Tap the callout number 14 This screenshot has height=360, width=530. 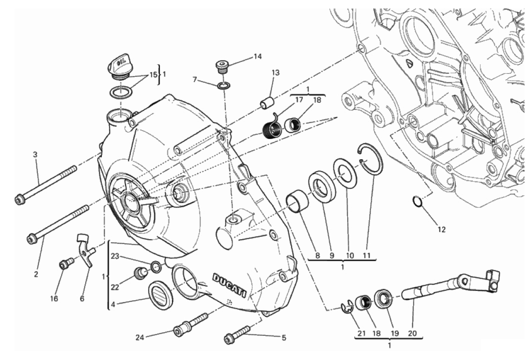(x=257, y=56)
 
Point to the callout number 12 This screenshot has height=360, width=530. (x=441, y=229)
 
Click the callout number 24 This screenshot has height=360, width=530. (x=140, y=338)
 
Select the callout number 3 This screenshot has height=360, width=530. (x=35, y=154)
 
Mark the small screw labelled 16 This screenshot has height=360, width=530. (x=65, y=264)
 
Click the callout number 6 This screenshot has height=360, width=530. (x=82, y=298)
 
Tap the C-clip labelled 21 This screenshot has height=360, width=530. (x=347, y=308)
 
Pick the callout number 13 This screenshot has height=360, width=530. (x=275, y=72)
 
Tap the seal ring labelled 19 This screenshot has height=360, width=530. (x=384, y=300)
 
